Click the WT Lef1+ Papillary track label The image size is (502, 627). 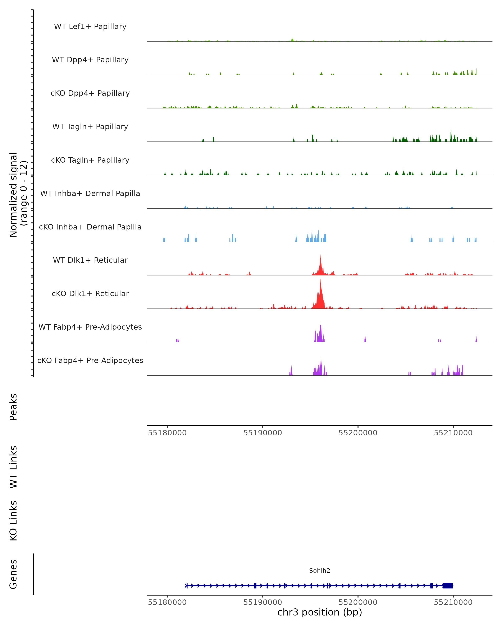[90, 27]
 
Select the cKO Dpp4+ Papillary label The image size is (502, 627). [90, 93]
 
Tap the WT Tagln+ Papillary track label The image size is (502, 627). [90, 127]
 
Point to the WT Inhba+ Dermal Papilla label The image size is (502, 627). [90, 194]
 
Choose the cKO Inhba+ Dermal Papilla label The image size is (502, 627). [90, 227]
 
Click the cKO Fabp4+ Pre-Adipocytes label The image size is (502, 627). [90, 361]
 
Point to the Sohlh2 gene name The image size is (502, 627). [320, 571]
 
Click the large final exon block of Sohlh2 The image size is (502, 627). [448, 586]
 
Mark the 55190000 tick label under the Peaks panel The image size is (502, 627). [263, 433]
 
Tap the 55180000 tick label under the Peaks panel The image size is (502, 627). [167, 433]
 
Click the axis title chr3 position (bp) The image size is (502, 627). [320, 612]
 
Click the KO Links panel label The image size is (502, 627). [13, 521]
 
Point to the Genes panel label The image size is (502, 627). [13, 574]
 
